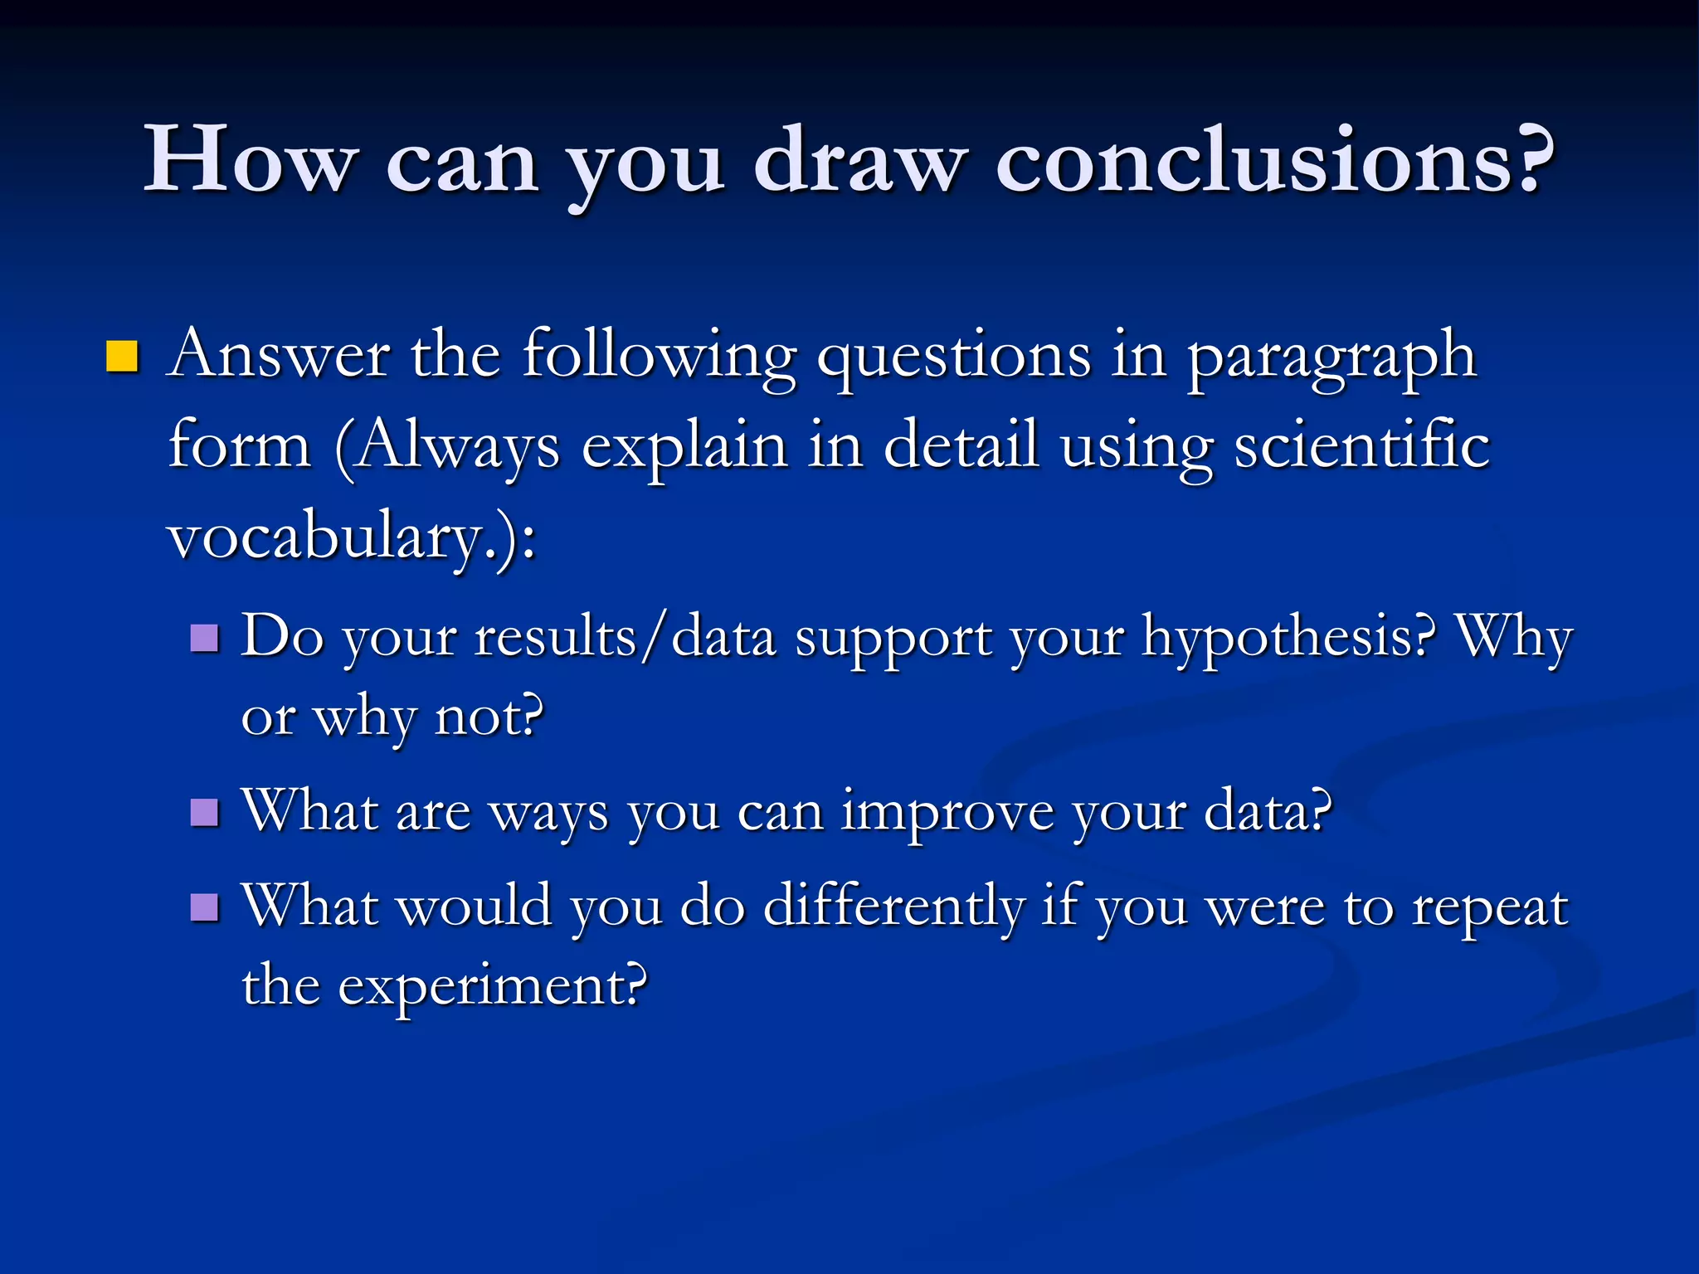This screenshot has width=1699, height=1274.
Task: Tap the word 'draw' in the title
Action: (860, 159)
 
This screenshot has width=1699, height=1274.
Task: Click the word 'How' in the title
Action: (251, 159)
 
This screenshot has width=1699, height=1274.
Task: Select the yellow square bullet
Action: (122, 357)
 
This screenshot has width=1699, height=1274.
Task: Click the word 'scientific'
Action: (1361, 445)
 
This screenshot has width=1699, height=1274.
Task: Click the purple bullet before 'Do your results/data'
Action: (204, 639)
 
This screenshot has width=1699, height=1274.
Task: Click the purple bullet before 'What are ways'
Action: (204, 813)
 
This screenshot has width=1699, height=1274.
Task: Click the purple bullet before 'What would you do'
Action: (204, 907)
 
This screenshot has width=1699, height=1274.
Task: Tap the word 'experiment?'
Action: (492, 986)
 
